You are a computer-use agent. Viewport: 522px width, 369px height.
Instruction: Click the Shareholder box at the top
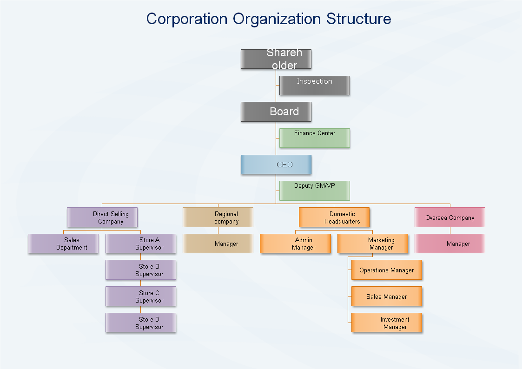[276, 59]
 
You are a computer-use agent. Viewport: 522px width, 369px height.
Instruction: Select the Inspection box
[314, 86]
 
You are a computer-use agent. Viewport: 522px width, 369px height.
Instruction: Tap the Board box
[276, 112]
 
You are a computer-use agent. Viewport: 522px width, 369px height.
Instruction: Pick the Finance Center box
[314, 138]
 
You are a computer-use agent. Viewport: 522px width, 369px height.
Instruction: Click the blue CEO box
[276, 165]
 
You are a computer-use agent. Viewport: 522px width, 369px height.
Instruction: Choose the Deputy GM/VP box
[314, 191]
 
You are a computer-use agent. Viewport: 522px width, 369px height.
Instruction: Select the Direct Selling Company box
[102, 217]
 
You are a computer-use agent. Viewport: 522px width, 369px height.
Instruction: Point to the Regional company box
[218, 217]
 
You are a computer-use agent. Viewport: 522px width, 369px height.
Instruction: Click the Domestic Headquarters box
[334, 217]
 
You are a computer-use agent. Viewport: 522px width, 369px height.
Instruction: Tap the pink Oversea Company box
[449, 217]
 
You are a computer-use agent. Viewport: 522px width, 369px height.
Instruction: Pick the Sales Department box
[63, 244]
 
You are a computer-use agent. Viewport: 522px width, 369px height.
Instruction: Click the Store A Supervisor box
[141, 244]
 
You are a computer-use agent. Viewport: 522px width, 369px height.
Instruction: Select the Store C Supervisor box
[141, 297]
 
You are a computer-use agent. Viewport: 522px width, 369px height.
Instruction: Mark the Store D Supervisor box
[141, 323]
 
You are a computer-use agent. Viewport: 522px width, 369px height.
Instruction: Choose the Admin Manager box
[295, 244]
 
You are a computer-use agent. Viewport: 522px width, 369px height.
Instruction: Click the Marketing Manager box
[372, 244]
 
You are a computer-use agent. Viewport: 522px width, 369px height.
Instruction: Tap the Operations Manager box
[387, 270]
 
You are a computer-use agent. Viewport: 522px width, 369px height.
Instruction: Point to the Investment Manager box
[387, 323]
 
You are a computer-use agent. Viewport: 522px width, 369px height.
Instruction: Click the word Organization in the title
[277, 19]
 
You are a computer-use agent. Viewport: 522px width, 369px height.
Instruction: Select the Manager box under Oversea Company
[449, 244]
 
